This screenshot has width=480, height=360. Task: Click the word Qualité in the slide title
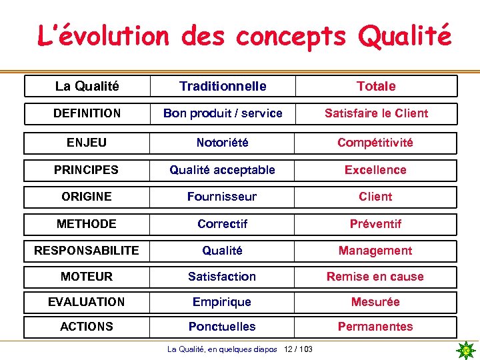[x=405, y=35]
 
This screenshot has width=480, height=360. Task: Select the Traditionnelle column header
[x=223, y=86]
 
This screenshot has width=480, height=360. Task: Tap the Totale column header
[x=376, y=86]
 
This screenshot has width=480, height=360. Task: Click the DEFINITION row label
[x=87, y=113]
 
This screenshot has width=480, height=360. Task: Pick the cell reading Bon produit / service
[x=223, y=113]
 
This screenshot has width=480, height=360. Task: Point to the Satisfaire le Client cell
[x=376, y=113]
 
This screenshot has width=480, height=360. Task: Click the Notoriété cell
[x=223, y=143]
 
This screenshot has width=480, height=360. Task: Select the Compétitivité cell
[x=375, y=143]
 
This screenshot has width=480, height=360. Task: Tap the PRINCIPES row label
[x=87, y=170]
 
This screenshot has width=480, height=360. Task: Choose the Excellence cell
[x=375, y=170]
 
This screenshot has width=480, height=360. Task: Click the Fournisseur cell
[x=222, y=197]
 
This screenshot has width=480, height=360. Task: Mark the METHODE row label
[x=87, y=224]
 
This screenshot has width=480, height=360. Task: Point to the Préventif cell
[x=375, y=224]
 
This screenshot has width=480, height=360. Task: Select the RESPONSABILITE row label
[x=87, y=251]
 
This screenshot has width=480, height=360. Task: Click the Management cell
[x=375, y=251]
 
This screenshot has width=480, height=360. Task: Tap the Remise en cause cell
[x=375, y=277]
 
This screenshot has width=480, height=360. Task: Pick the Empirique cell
[x=222, y=302]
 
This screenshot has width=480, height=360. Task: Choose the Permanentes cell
[x=375, y=327]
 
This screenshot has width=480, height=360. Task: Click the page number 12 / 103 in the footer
[x=298, y=349]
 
